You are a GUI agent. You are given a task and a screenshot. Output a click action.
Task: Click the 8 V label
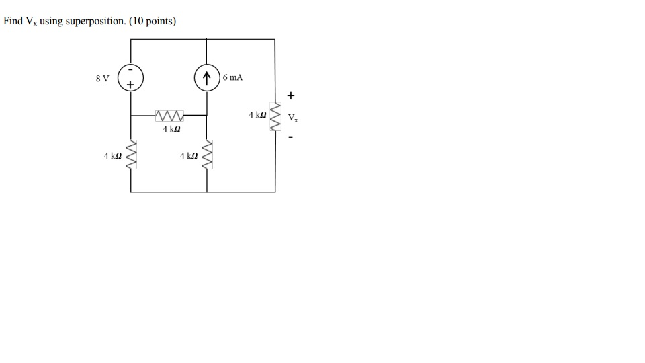pos(102,79)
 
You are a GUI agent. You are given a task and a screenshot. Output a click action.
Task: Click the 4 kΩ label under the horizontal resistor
pos(171,128)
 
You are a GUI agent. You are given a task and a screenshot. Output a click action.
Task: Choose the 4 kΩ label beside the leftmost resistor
pos(112,156)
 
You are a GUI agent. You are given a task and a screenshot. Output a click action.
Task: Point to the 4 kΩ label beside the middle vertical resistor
pos(189,156)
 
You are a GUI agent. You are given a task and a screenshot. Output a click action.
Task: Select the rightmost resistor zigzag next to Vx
pos(275,116)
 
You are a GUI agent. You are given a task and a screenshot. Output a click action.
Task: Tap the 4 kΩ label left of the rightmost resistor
pos(257,116)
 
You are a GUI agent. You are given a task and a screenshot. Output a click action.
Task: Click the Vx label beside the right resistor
pos(293,119)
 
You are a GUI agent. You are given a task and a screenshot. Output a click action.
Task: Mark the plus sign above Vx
pos(291,95)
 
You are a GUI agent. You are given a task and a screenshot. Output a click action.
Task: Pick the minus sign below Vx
pos(291,138)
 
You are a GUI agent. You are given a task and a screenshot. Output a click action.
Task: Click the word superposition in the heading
pos(97,22)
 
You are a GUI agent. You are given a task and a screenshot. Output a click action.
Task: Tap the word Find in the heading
pos(13,21)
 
